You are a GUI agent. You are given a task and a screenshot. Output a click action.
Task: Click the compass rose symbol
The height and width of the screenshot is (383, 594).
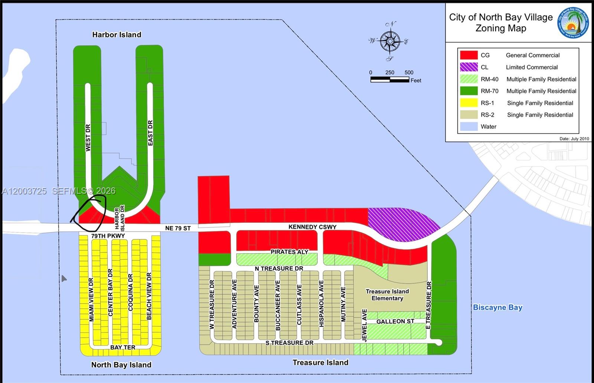tap(390, 41)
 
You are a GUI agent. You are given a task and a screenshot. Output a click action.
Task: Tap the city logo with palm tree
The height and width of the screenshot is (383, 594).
tap(573, 23)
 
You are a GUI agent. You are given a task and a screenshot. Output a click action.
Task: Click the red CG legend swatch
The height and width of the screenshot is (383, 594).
tap(469, 55)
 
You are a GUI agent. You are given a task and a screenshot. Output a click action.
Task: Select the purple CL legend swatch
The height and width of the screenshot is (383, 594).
tap(469, 67)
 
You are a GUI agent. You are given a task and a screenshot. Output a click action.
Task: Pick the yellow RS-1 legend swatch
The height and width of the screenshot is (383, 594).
tap(469, 103)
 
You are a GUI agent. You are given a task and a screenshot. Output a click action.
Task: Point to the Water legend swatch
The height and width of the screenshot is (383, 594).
tap(469, 127)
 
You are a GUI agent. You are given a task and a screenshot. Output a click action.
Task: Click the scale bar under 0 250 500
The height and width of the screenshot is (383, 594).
tap(389, 79)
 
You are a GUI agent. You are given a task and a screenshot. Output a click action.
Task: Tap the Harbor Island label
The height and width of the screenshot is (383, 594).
tap(117, 35)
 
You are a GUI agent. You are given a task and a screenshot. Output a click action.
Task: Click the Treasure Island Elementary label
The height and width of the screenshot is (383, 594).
tap(387, 295)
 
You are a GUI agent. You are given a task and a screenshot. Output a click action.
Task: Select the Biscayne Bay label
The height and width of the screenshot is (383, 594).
tap(497, 307)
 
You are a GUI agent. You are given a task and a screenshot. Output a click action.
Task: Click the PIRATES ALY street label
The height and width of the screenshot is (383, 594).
tap(289, 252)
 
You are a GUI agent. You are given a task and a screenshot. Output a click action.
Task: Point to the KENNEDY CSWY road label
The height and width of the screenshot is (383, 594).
tap(312, 227)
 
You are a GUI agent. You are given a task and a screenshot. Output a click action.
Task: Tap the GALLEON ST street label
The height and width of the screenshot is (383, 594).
tap(395, 321)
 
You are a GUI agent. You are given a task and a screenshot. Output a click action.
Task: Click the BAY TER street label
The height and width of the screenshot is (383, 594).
tap(123, 347)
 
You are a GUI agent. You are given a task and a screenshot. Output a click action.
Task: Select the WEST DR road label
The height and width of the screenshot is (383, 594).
tap(88, 137)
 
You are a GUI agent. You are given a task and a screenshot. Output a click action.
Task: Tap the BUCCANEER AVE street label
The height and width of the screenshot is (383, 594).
tap(278, 305)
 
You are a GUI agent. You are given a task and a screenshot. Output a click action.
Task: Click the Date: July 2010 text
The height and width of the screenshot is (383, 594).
tap(574, 139)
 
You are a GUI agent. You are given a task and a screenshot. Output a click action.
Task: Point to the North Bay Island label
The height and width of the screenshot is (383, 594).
tap(121, 364)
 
